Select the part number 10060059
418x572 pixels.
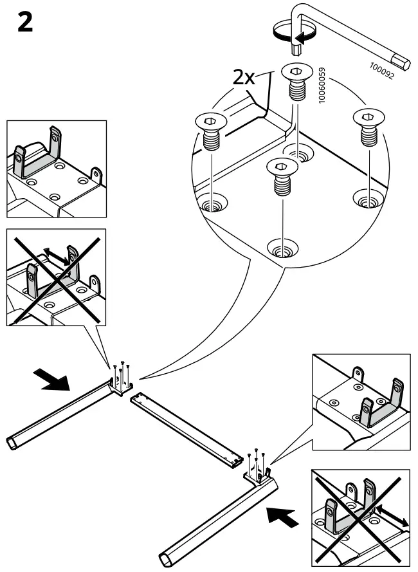pyautogui.click(x=322, y=86)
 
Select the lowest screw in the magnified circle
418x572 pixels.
pyautogui.click(x=282, y=176)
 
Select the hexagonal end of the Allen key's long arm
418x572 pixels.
pyautogui.click(x=404, y=63)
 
